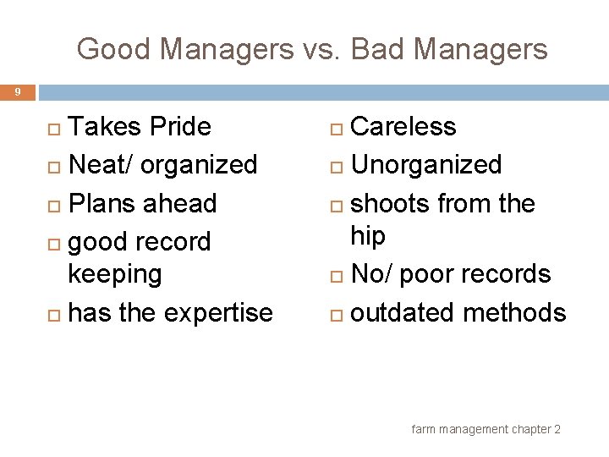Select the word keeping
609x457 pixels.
[x=114, y=274]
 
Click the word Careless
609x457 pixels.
[x=403, y=127]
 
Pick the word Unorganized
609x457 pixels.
[x=426, y=164]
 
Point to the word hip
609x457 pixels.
[x=367, y=236]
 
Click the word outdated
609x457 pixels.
[x=403, y=313]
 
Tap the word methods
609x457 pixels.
[x=514, y=313]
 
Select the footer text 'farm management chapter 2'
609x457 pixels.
[x=486, y=430]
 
